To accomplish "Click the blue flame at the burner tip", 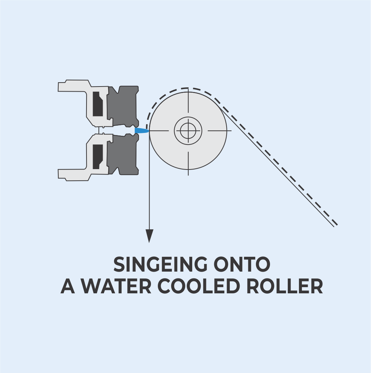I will pyautogui.click(x=142, y=130).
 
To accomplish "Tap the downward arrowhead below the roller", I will pyautogui.click(x=149, y=236).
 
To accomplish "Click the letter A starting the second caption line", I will pyautogui.click(x=68, y=287).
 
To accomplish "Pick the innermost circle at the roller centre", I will pyautogui.click(x=188, y=131).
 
